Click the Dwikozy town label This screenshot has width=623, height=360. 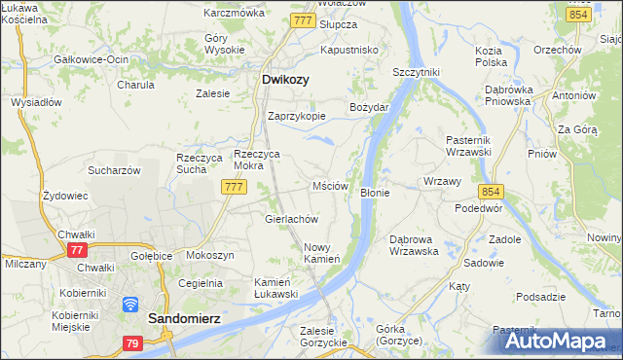click(x=286, y=81)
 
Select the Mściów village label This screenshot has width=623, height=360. click(x=330, y=185)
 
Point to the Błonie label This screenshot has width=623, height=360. click(x=375, y=193)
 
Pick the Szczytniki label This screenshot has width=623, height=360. click(x=417, y=72)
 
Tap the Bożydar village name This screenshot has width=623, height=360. click(x=370, y=106)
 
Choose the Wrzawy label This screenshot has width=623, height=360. click(x=443, y=182)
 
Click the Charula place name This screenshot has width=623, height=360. click(x=135, y=85)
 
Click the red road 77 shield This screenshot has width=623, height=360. click(x=77, y=250)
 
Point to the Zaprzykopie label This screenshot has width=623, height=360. click(x=296, y=114)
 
